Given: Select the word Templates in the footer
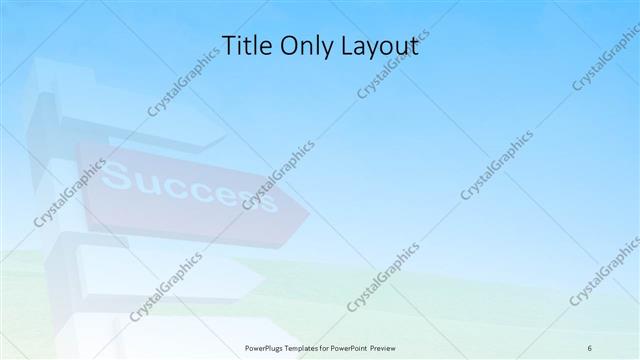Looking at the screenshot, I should [315, 347].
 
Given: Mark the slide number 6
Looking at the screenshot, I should [590, 347].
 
